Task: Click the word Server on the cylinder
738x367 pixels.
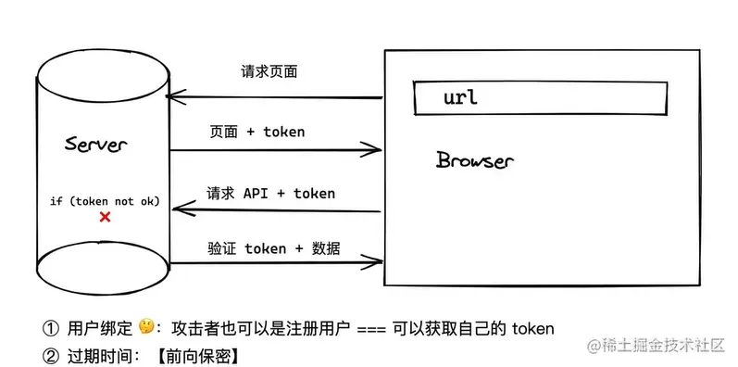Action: pyautogui.click(x=96, y=145)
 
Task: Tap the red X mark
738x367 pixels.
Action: pyautogui.click(x=105, y=217)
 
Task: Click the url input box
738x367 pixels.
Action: pyautogui.click(x=540, y=98)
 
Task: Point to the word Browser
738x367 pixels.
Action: pyautogui.click(x=474, y=160)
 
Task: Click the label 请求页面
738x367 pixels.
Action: pyautogui.click(x=269, y=72)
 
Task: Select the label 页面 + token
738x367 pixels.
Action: pyautogui.click(x=257, y=132)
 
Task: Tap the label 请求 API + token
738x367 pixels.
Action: pyautogui.click(x=270, y=194)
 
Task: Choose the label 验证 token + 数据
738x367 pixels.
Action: pyautogui.click(x=273, y=248)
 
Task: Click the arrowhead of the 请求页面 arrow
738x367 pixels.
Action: pyautogui.click(x=173, y=96)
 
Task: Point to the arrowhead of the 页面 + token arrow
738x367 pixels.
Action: pyautogui.click(x=376, y=147)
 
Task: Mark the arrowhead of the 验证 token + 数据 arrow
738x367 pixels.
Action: pyautogui.click(x=376, y=264)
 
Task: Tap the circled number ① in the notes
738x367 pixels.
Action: pyautogui.click(x=50, y=328)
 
